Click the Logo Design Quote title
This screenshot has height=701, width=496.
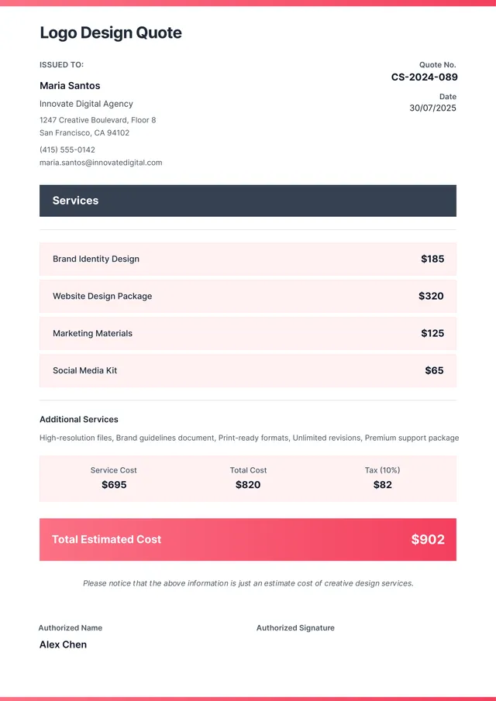point(111,33)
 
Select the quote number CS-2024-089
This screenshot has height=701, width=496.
point(424,77)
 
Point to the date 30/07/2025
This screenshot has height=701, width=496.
point(432,108)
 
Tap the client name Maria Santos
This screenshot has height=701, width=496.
point(70,86)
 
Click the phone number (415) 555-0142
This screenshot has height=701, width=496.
point(67,149)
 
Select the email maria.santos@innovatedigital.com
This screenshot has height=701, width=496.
point(101,163)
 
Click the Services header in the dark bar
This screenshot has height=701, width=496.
point(75,201)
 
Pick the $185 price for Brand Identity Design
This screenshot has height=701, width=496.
point(432,259)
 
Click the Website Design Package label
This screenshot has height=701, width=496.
point(102,296)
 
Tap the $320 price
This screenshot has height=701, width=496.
point(431,296)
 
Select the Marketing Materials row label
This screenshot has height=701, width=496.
point(92,333)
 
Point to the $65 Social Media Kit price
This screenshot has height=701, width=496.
point(434,370)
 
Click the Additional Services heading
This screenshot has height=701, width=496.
point(79,419)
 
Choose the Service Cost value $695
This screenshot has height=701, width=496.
point(114,485)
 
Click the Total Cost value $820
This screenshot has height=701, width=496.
point(248,485)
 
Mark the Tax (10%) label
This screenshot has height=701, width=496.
point(382,470)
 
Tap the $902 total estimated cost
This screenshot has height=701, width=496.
point(428,539)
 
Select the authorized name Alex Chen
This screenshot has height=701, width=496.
point(63,644)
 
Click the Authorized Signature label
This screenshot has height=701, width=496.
point(295,628)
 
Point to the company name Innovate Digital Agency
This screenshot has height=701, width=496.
point(86,104)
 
